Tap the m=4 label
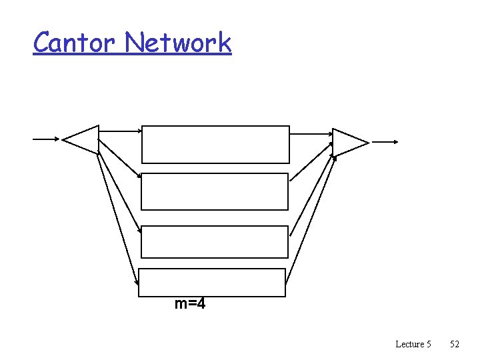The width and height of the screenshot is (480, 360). [190, 305]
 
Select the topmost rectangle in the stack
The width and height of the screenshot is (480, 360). [215, 144]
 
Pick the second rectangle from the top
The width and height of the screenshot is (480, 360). [215, 191]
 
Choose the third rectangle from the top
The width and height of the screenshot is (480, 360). [215, 241]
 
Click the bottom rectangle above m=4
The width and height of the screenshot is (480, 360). [211, 282]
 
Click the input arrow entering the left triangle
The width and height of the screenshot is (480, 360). [45, 139]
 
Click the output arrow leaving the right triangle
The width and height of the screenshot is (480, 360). [385, 142]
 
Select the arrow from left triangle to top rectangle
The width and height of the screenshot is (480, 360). [120, 131]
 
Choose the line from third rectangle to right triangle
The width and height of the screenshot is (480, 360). [311, 195]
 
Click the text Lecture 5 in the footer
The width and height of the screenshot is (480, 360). [413, 344]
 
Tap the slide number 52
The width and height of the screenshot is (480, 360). [455, 344]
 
